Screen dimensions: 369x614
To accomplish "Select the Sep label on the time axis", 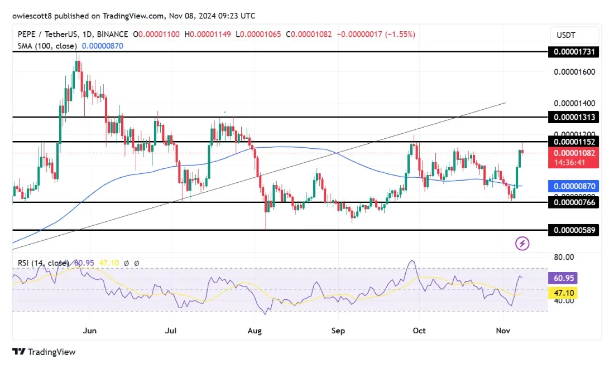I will click(x=338, y=331).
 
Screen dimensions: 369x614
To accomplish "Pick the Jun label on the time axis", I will click(x=90, y=331).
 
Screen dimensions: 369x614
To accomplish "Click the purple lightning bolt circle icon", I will click(x=522, y=244).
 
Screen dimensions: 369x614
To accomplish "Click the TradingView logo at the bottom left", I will click(x=44, y=352).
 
